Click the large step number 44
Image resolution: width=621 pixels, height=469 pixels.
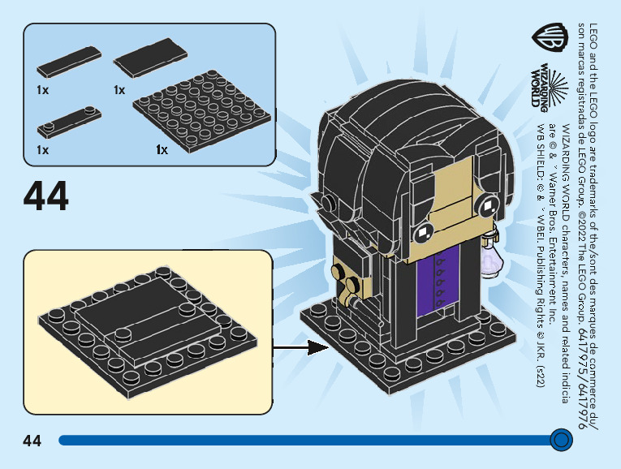(x=46, y=196)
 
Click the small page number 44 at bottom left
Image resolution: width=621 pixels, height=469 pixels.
(x=32, y=441)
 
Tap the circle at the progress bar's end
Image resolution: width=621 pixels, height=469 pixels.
(x=559, y=440)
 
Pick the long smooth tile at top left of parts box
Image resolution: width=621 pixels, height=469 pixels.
(x=69, y=61)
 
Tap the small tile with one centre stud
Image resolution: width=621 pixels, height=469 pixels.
(x=67, y=123)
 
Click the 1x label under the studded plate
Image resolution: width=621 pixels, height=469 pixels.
(x=162, y=150)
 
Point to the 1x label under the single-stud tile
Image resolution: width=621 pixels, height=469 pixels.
(x=42, y=150)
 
